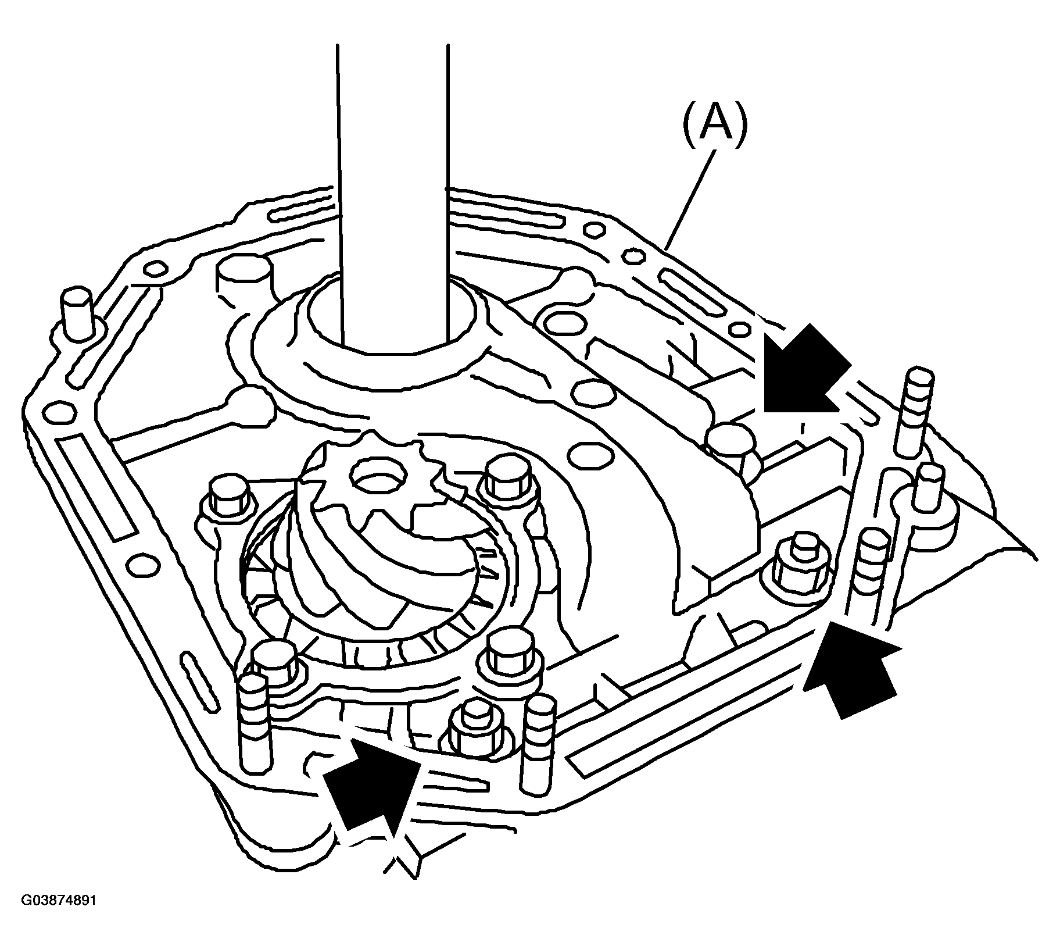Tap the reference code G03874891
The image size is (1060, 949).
[x=59, y=916]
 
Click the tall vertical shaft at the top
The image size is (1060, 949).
[x=393, y=198]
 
